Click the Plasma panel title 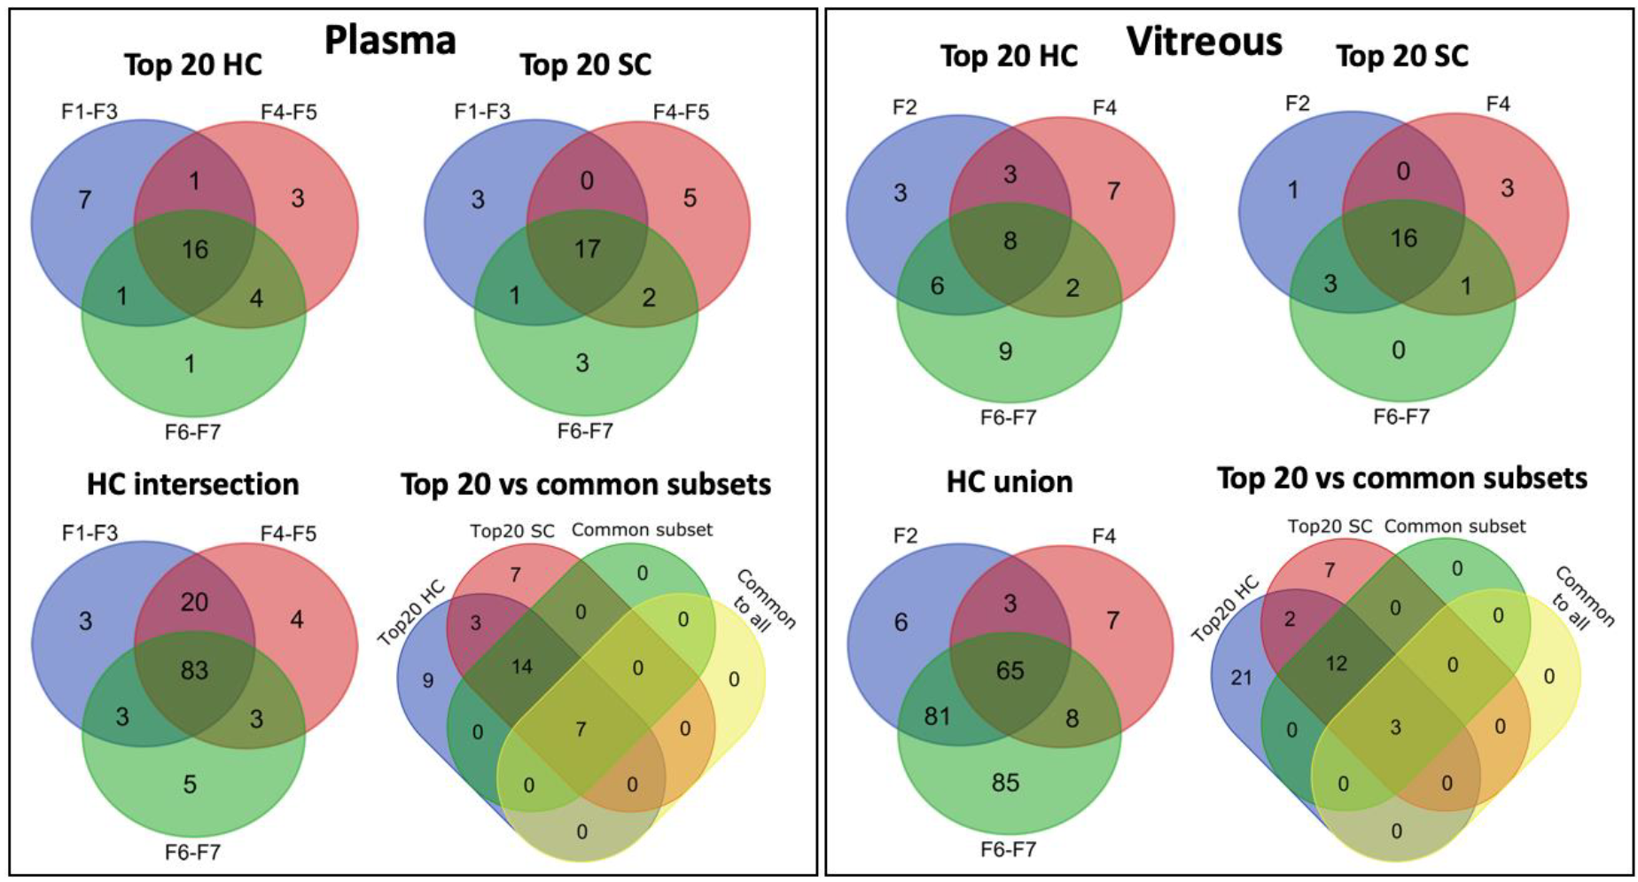tap(390, 40)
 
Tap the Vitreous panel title tap(1204, 42)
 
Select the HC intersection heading tap(193, 484)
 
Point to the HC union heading tap(1010, 481)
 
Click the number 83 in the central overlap tap(194, 670)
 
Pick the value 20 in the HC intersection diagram tap(194, 603)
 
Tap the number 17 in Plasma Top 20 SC tap(587, 249)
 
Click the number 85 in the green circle tap(1005, 783)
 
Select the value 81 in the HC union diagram tap(937, 716)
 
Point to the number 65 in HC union tap(1010, 670)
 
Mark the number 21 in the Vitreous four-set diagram tap(1241, 678)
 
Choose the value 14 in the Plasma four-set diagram tap(522, 667)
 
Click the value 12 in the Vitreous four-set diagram tap(1337, 664)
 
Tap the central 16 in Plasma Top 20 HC tap(195, 250)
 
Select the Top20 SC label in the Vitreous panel tap(1330, 527)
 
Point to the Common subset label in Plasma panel tap(642, 530)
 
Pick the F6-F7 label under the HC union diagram tap(1008, 849)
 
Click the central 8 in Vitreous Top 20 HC tap(1010, 240)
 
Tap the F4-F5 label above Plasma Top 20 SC tap(681, 112)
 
